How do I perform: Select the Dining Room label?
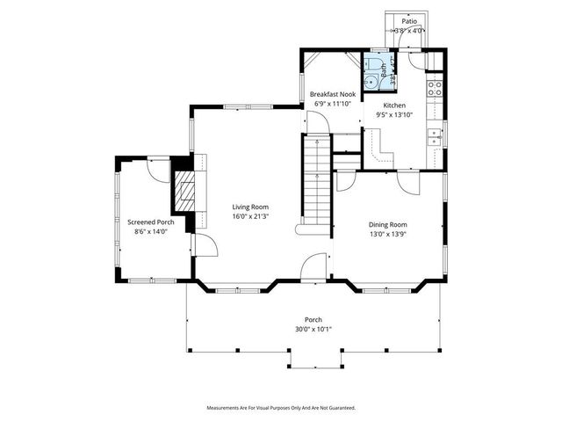387,224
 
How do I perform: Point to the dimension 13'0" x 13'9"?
387,234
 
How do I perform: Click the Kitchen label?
394,105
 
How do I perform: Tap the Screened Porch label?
150,222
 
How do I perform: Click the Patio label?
409,20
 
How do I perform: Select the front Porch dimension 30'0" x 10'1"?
313,329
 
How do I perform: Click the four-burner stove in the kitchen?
433,87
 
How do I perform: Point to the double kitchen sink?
434,135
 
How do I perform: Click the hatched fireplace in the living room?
184,193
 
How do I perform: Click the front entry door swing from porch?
312,269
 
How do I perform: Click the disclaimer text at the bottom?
280,408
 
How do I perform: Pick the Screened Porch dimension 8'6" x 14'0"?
150,232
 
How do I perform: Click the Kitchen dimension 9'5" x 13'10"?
394,114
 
